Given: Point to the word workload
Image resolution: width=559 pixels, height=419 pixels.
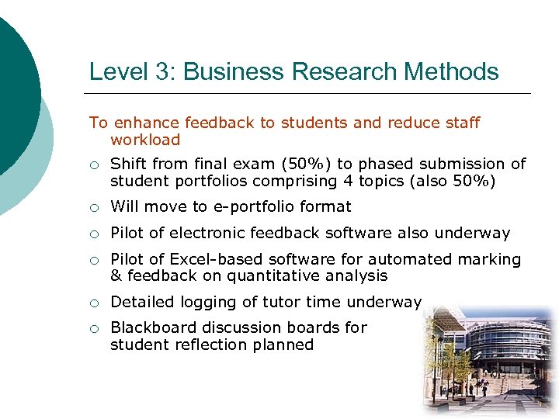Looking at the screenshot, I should tap(145, 140).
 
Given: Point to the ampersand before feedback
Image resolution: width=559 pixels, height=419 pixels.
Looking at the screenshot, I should tap(116, 276).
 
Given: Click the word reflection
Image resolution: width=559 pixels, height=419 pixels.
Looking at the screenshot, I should tap(210, 345).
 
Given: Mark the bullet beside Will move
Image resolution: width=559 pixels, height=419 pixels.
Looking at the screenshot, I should tap(94, 207).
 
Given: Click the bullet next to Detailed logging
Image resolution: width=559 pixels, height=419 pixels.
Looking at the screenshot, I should tap(94, 303).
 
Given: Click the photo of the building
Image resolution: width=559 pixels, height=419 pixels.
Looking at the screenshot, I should tap(488, 361).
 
